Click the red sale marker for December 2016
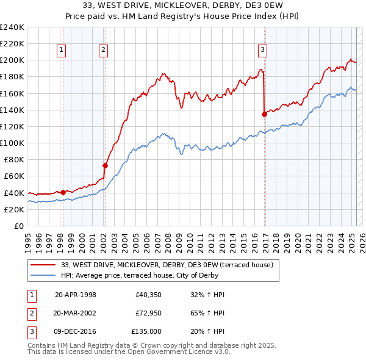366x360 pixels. pyautogui.click(x=264, y=114)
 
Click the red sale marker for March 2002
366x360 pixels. pyautogui.click(x=105, y=165)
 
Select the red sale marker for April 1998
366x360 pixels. pyautogui.click(x=63, y=192)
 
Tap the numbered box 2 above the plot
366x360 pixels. pyautogui.click(x=104, y=51)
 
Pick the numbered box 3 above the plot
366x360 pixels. pyautogui.click(x=262, y=51)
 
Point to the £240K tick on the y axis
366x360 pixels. pyautogui.click(x=12, y=27)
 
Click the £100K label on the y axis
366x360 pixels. pyautogui.click(x=12, y=143)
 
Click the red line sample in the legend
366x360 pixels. pyautogui.click(x=43, y=264)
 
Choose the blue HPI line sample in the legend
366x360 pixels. pyautogui.click(x=43, y=275)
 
